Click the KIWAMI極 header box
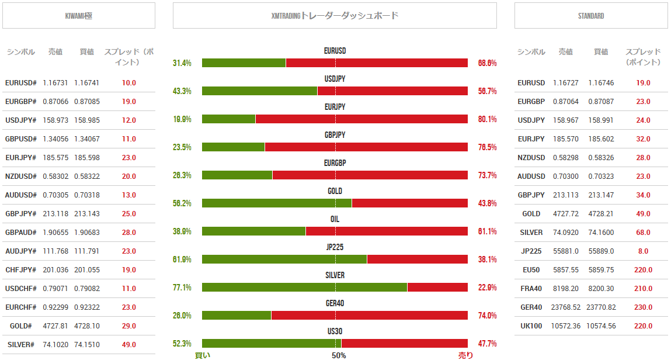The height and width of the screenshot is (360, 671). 79,16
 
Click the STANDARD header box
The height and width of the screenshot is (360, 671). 591,16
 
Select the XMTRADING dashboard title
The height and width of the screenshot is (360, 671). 335,16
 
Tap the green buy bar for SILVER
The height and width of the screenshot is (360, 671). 304,288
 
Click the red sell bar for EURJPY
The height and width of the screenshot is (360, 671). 361,119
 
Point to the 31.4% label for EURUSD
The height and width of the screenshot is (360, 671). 182,63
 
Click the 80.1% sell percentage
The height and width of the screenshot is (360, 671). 487,119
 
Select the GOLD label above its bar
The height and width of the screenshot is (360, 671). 335,191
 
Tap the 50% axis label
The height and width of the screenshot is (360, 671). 339,355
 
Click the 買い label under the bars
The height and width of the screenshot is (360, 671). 203,355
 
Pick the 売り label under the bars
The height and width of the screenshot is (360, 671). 465,355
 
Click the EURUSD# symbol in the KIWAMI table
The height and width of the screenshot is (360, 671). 20,83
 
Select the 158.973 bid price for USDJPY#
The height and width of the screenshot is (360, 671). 55,120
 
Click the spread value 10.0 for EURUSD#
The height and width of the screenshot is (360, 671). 129,83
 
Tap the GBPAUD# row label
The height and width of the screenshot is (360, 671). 20,233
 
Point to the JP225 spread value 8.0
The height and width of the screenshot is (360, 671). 643,251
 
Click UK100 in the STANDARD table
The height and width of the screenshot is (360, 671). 531,326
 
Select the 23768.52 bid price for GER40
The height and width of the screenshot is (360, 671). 566,307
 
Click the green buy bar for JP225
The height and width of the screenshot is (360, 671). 284,259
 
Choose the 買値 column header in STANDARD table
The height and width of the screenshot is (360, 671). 601,52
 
